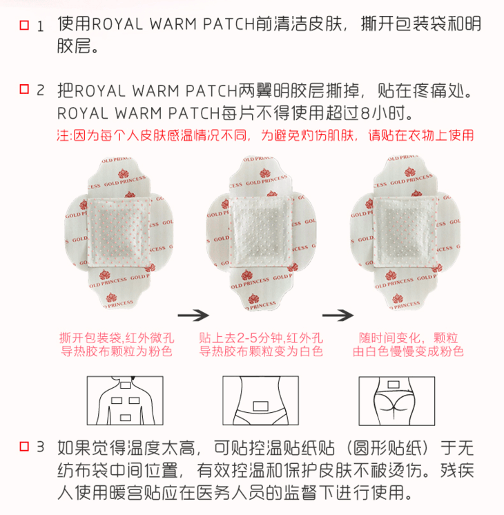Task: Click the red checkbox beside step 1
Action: [x=24, y=26]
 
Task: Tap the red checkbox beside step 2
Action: [x=24, y=89]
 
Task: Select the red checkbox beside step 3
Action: [x=24, y=447]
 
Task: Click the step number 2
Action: [x=40, y=90]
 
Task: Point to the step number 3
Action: [x=40, y=447]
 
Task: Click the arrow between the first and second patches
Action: [x=193, y=315]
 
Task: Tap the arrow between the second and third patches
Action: [x=338, y=315]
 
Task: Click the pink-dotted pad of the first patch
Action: [x=119, y=232]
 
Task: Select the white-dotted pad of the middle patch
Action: [x=261, y=231]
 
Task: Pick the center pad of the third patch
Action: [x=405, y=231]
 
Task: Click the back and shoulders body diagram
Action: [x=125, y=400]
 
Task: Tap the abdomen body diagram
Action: [x=260, y=400]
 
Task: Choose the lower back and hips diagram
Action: [x=396, y=401]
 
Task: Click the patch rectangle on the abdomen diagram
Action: [x=261, y=406]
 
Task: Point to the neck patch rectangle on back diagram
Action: [x=125, y=385]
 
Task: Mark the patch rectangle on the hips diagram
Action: [x=394, y=385]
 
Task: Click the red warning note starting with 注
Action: [x=266, y=135]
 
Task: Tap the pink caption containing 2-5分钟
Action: [x=261, y=344]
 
